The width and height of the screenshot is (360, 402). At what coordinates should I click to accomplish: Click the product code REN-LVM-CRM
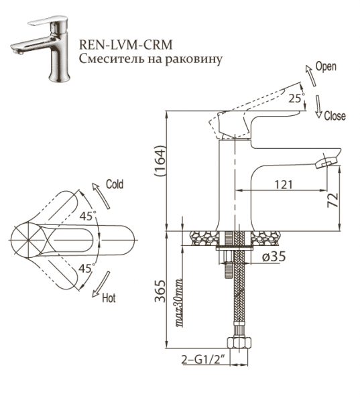tap(125, 44)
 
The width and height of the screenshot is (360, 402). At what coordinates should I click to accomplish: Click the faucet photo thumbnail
tap(38, 50)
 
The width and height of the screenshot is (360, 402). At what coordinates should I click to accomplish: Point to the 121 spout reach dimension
tap(286, 183)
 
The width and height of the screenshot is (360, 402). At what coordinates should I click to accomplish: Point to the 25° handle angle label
tap(296, 98)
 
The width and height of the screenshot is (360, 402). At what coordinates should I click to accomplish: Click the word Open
tap(326, 67)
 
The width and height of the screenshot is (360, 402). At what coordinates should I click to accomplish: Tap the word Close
tap(335, 116)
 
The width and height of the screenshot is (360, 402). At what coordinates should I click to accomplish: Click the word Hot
tap(109, 299)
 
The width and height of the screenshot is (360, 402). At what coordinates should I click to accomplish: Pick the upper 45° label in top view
tap(87, 216)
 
